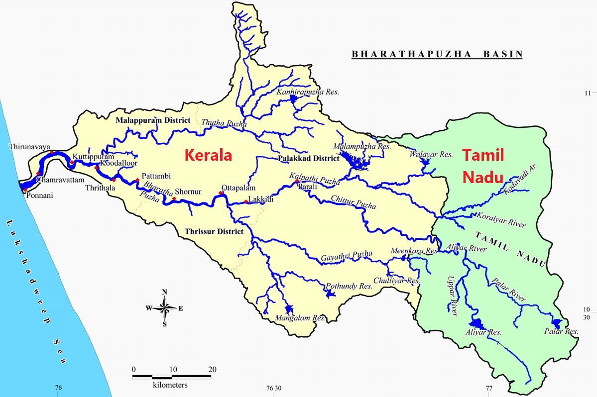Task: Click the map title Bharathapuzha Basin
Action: point(437,54)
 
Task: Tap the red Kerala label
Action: point(208,155)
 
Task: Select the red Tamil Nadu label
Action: point(482,166)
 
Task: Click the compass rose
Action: point(164,308)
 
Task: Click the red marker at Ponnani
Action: point(25,190)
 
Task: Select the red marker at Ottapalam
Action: point(221,193)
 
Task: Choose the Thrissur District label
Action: point(214,231)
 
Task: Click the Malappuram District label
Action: point(153,120)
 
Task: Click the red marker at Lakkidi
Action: point(246,202)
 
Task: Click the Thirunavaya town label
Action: point(30,147)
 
